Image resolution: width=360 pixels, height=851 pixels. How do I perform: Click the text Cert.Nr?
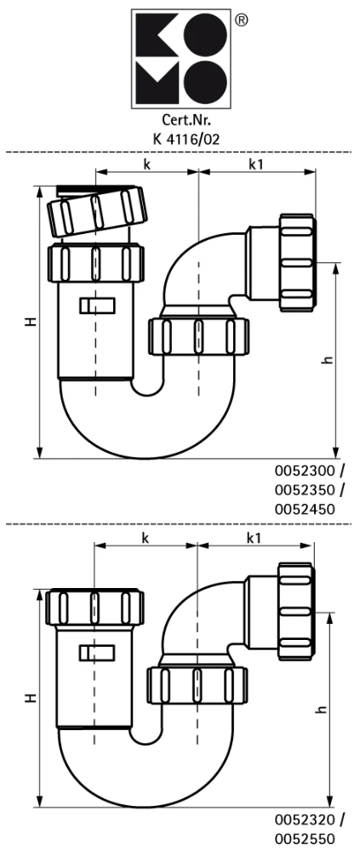(x=180, y=120)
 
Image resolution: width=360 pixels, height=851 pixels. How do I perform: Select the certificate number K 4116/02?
(x=180, y=137)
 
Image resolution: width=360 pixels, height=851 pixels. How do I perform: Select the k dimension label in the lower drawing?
(x=146, y=538)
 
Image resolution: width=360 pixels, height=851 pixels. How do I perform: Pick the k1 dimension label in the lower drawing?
(x=254, y=538)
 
